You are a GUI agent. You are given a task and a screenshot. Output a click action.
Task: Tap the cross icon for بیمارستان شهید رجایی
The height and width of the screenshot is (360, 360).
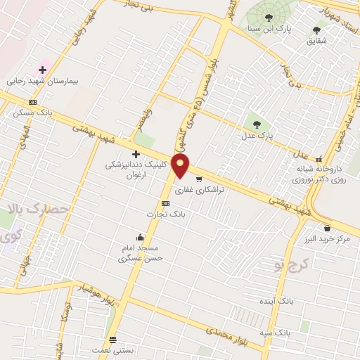43,70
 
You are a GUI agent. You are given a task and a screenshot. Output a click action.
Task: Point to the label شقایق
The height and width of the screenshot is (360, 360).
316,41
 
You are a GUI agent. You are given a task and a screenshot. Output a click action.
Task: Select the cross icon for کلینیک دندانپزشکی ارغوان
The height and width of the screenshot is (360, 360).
136,153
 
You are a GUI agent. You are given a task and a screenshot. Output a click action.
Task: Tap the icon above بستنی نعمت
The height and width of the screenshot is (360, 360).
112,338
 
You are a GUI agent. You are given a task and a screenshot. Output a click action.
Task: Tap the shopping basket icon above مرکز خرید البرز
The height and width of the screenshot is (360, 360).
328,228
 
